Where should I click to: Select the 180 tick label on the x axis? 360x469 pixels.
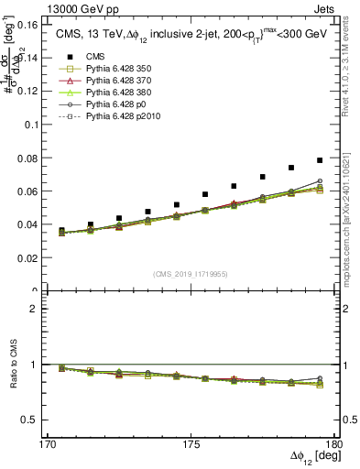335,443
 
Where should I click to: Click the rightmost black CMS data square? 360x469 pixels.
320,160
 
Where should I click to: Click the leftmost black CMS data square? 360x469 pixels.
61,231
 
